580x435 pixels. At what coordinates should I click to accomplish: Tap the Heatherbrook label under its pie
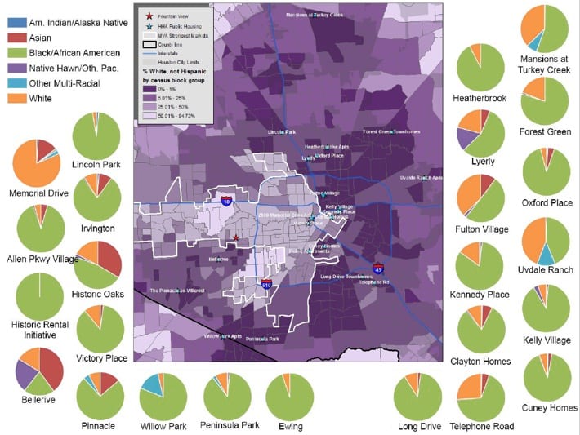pyautogui.click(x=480, y=98)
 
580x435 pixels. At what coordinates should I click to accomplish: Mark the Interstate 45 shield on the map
pyautogui.click(x=378, y=267)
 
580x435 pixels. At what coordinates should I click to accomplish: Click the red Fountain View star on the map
pyautogui.click(x=235, y=238)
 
